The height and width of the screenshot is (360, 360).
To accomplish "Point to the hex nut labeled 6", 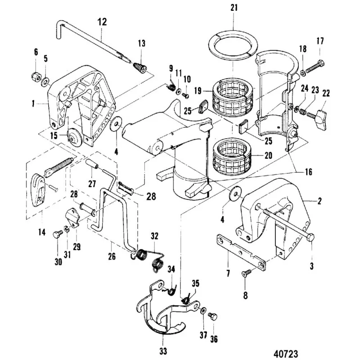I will coord(36,76).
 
